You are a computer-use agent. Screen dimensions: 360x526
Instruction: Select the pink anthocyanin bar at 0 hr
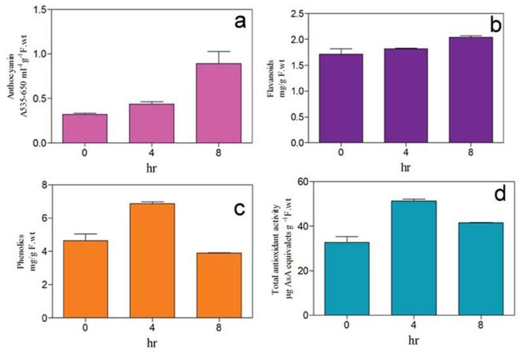[85, 128]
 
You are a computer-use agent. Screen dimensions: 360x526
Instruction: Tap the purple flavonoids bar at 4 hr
[407, 96]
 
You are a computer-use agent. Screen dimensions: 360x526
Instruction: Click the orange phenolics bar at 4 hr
[152, 261]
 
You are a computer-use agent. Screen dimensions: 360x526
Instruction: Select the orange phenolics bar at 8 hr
[219, 285]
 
